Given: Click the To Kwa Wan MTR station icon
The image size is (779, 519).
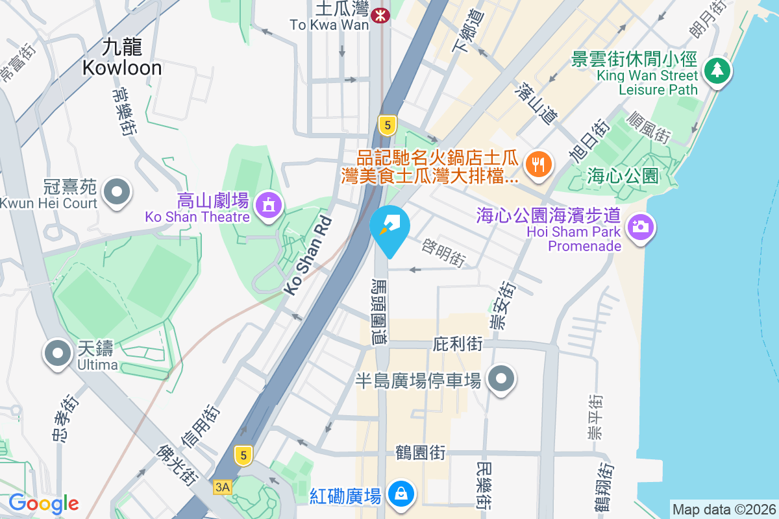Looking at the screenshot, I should pyautogui.click(x=380, y=13).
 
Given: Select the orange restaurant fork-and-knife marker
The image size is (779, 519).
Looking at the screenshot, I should pyautogui.click(x=538, y=163).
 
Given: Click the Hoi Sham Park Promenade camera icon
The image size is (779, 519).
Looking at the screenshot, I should pyautogui.click(x=640, y=226).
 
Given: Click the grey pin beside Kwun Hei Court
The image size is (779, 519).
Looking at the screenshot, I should pyautogui.click(x=117, y=192).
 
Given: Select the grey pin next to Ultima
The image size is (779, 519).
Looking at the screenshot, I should pyautogui.click(x=58, y=354).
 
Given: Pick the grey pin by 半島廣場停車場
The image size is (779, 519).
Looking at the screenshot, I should pyautogui.click(x=501, y=379).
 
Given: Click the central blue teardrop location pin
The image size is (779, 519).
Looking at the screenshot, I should pyautogui.click(x=389, y=227).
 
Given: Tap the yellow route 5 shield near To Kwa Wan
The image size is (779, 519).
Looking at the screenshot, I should pyautogui.click(x=387, y=126).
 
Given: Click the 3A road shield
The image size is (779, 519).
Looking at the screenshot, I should pyautogui.click(x=222, y=487).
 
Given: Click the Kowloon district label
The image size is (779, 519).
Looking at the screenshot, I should pyautogui.click(x=121, y=56).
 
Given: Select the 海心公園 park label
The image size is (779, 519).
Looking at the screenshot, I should pyautogui.click(x=623, y=175).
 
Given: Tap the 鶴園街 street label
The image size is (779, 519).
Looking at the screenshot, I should pyautogui.click(x=421, y=453).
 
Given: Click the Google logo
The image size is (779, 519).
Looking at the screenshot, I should pyautogui.click(x=43, y=503).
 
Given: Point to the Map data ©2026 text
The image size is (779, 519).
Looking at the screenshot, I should pyautogui.click(x=724, y=509).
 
